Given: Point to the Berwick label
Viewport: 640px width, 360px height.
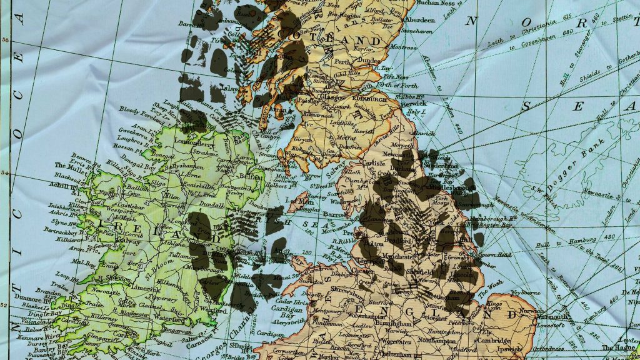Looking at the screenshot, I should click(413, 103).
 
